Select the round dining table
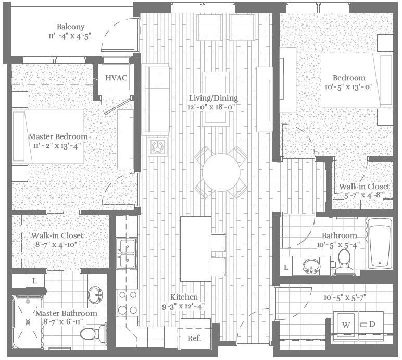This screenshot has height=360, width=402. tap(221, 172)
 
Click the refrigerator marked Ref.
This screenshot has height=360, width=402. tap(196, 338)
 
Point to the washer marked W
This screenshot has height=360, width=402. tap(345, 325)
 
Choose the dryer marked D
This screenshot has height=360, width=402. tap(371, 325)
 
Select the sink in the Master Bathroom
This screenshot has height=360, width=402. tap(95, 294)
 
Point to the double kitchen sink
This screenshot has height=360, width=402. tap(127, 253)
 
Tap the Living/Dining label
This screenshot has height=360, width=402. tap(213, 98)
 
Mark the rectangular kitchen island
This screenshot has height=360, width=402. tap(195, 249)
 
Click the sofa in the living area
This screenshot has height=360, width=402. tap(156, 99)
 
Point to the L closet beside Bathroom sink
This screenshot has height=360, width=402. tap(286, 267)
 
